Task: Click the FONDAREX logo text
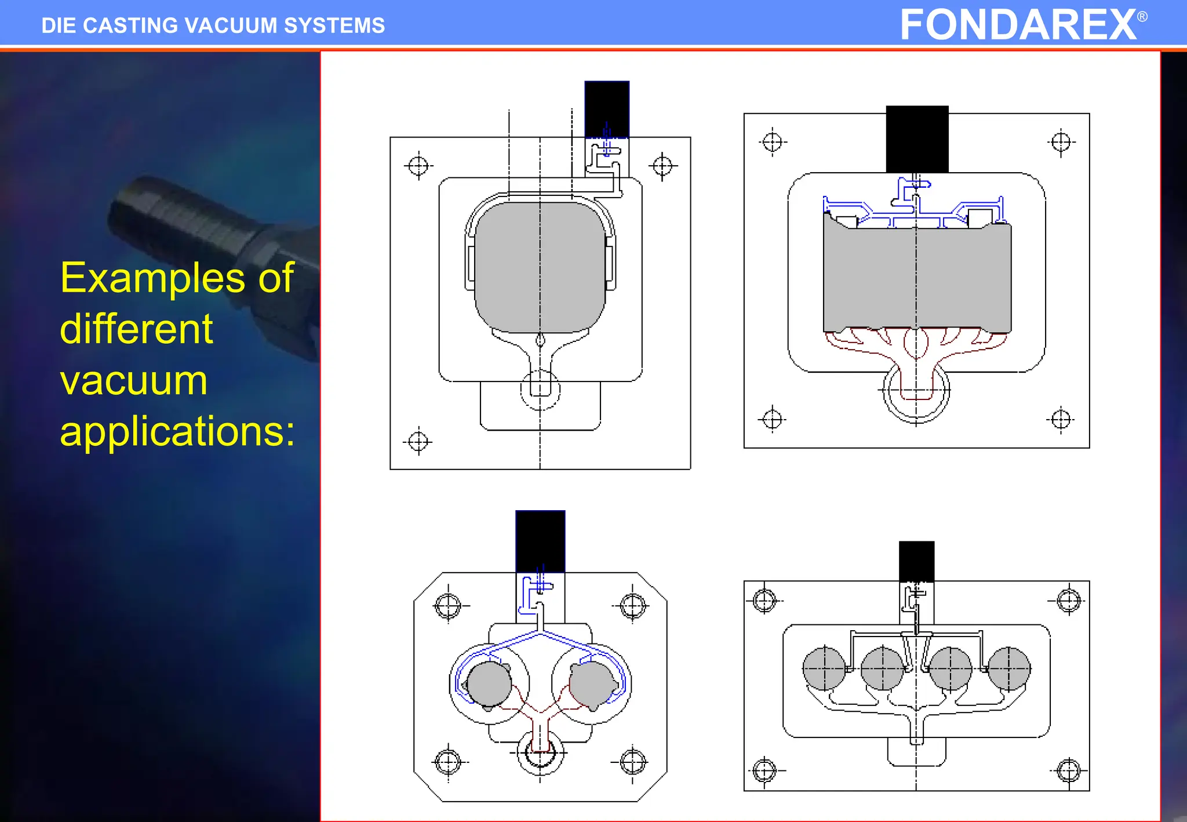[1018, 25]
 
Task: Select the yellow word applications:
[177, 431]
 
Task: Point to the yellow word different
[136, 329]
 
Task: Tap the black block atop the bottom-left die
[540, 541]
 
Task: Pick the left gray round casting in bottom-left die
[489, 684]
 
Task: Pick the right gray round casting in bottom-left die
[592, 684]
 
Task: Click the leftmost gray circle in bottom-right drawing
[824, 668]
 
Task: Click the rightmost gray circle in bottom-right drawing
[1009, 668]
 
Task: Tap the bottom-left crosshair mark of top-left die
[418, 442]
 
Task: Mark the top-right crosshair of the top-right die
[1061, 141]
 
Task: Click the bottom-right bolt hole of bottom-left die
[632, 762]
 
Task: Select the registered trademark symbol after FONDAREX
[1142, 16]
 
